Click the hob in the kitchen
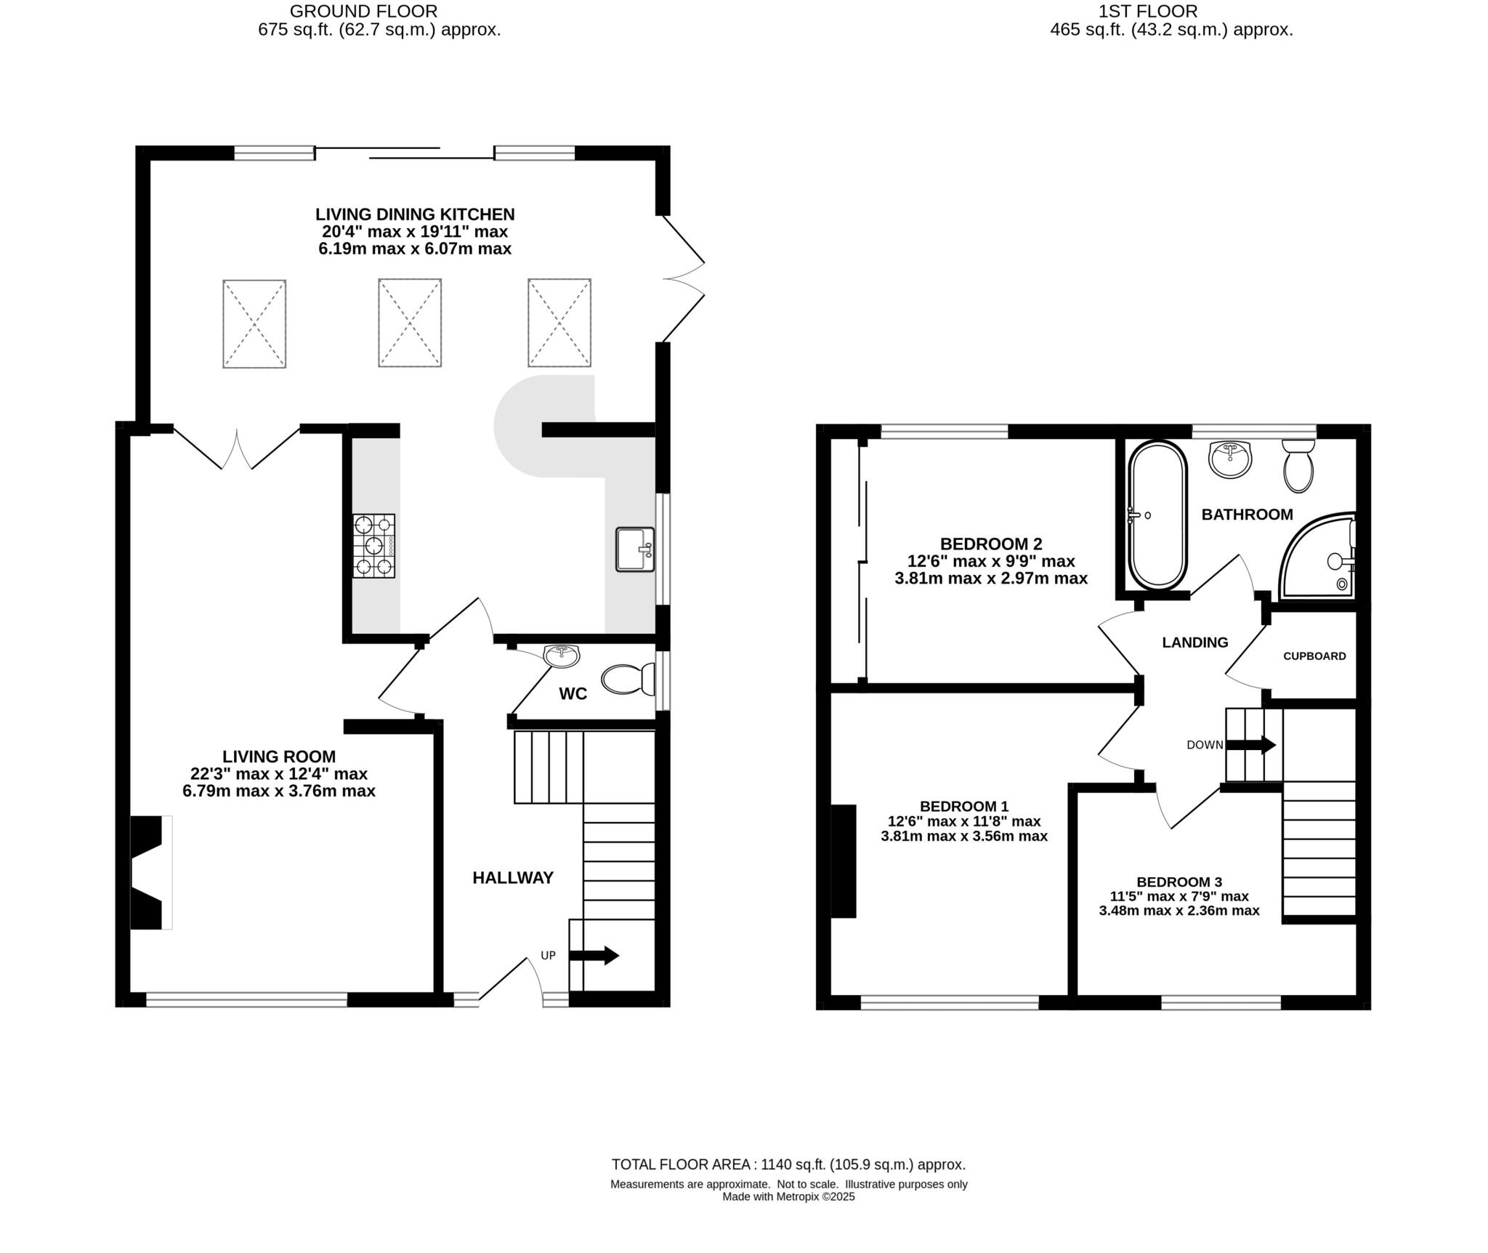pos(374,546)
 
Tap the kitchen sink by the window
pos(634,549)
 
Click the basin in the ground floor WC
pos(562,656)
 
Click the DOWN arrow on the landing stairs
pos(1250,745)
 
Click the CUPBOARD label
pos(1314,656)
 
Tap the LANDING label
pos(1194,642)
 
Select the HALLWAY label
pos(513,878)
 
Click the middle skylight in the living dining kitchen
pos(410,322)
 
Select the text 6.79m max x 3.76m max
pos(279,791)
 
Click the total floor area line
pos(788,1164)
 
